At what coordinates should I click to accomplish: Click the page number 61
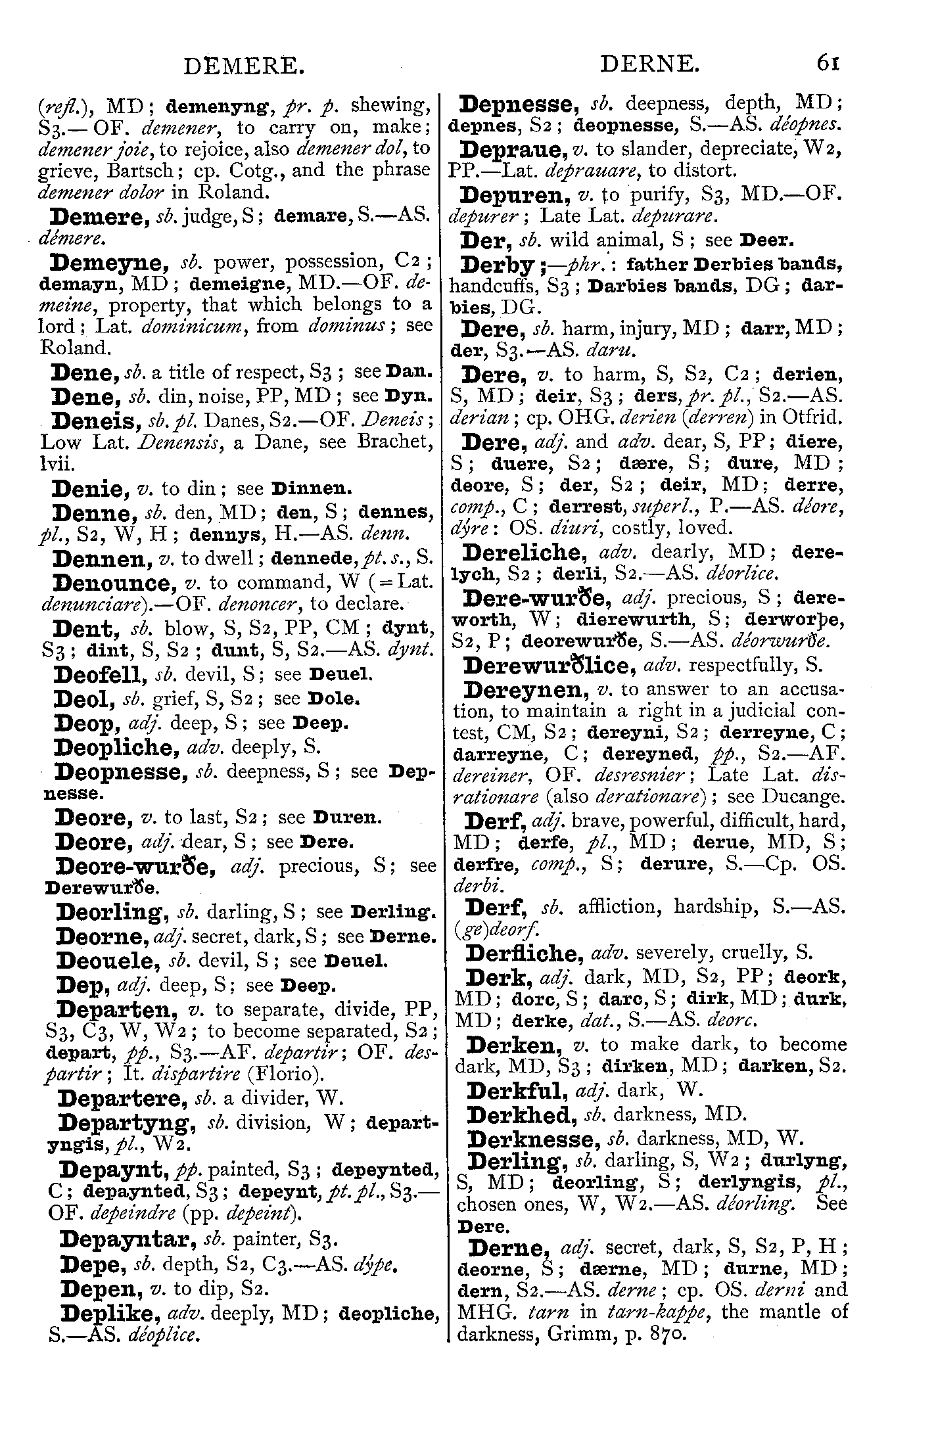(x=828, y=64)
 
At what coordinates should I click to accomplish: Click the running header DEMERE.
(x=244, y=65)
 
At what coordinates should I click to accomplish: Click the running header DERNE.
(x=649, y=64)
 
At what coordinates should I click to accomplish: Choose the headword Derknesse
(x=533, y=1139)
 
